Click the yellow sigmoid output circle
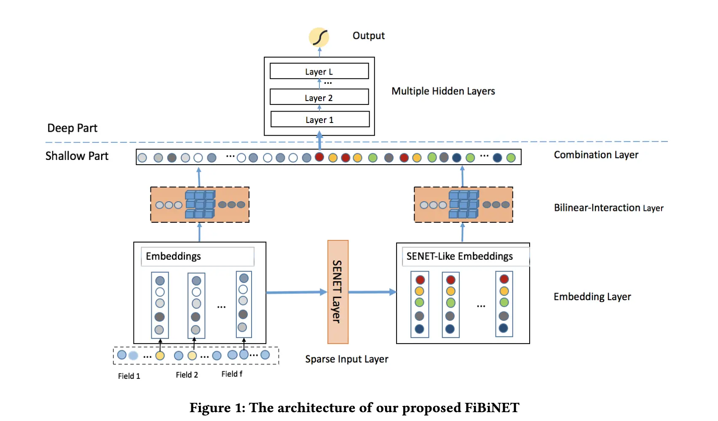(319, 37)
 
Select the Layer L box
(319, 71)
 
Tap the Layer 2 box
(319, 97)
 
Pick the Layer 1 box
(320, 119)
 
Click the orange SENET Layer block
(338, 292)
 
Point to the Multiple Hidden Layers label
(443, 91)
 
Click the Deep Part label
(72, 128)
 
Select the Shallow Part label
(77, 156)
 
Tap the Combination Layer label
(596, 155)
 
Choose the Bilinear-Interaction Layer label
(608, 208)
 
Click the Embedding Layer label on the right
(592, 297)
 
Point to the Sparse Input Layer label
(346, 359)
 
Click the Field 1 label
(129, 376)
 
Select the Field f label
(232, 374)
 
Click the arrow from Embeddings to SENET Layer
(297, 292)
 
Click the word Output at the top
(368, 36)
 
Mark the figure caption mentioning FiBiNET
(354, 408)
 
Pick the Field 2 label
(187, 375)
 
